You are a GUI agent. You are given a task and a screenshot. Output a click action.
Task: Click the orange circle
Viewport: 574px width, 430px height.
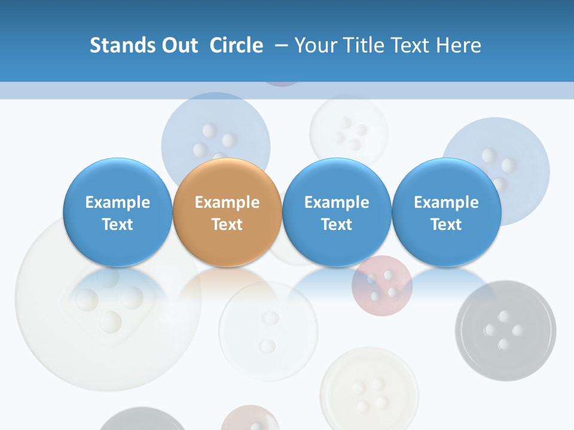tap(227, 213)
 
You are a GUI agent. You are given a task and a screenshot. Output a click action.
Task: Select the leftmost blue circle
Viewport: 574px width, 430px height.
tap(117, 213)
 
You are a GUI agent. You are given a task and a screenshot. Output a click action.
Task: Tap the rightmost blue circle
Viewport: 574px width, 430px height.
tap(446, 213)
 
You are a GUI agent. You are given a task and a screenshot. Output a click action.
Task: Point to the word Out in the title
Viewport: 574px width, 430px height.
tap(179, 45)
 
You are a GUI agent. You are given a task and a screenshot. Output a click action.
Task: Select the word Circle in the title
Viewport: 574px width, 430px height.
tap(236, 45)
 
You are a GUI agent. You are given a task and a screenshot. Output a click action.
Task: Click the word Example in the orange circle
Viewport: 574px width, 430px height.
tap(227, 202)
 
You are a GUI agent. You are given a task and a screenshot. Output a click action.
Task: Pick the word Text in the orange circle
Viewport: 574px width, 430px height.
tap(227, 225)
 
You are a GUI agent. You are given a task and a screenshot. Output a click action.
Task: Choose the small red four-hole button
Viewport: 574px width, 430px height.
tap(382, 285)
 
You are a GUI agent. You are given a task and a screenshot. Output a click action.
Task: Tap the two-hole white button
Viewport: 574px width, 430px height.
tap(268, 331)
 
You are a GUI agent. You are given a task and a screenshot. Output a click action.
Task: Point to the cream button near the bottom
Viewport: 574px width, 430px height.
tap(369, 388)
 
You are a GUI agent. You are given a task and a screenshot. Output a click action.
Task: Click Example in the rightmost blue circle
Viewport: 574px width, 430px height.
tap(446, 202)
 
